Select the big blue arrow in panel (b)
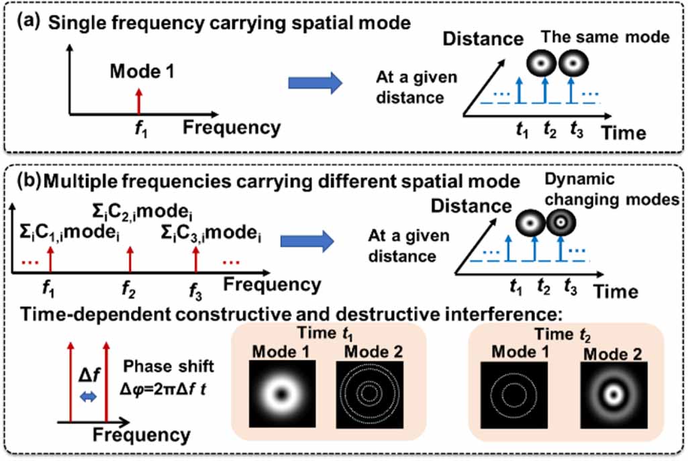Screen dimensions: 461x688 click(x=305, y=242)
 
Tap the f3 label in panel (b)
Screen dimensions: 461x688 click(x=195, y=292)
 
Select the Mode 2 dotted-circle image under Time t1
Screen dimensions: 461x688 click(x=366, y=392)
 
